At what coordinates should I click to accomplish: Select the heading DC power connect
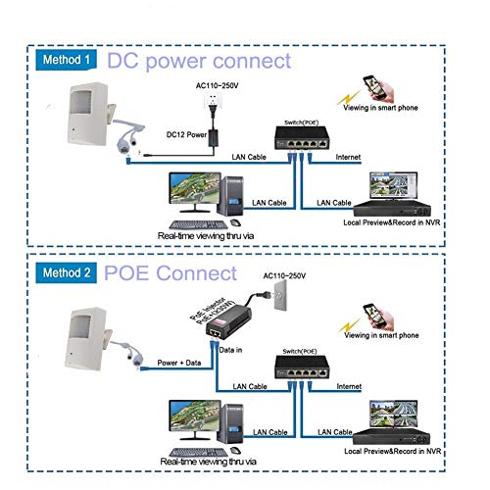199,61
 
